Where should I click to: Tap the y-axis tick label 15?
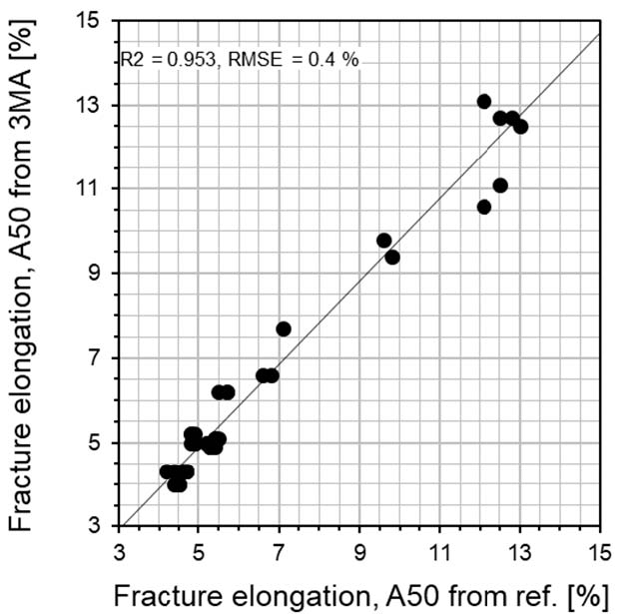[96, 20]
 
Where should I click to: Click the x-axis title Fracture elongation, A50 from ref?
[359, 595]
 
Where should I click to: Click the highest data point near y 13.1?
[484, 102]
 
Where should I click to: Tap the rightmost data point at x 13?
[520, 127]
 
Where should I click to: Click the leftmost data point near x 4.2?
[167, 471]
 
